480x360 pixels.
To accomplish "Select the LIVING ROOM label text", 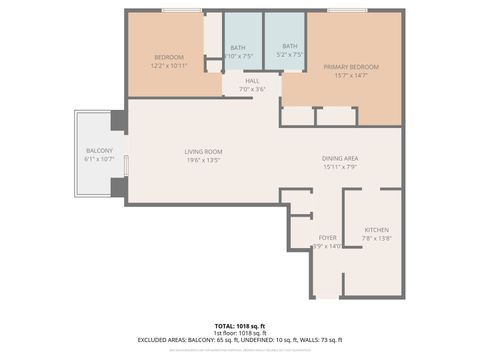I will point(201,152).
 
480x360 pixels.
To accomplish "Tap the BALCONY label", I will point(99,151).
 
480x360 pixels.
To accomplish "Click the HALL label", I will point(252,82).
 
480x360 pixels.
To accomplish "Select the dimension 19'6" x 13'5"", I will point(201,160).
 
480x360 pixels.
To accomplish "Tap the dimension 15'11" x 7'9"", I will point(340,167).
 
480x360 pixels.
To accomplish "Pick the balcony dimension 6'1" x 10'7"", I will point(99,159).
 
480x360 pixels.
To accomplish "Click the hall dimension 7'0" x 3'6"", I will point(252,90).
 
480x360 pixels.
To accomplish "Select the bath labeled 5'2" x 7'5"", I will point(289,50).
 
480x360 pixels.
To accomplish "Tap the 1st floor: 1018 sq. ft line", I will point(240,333).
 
